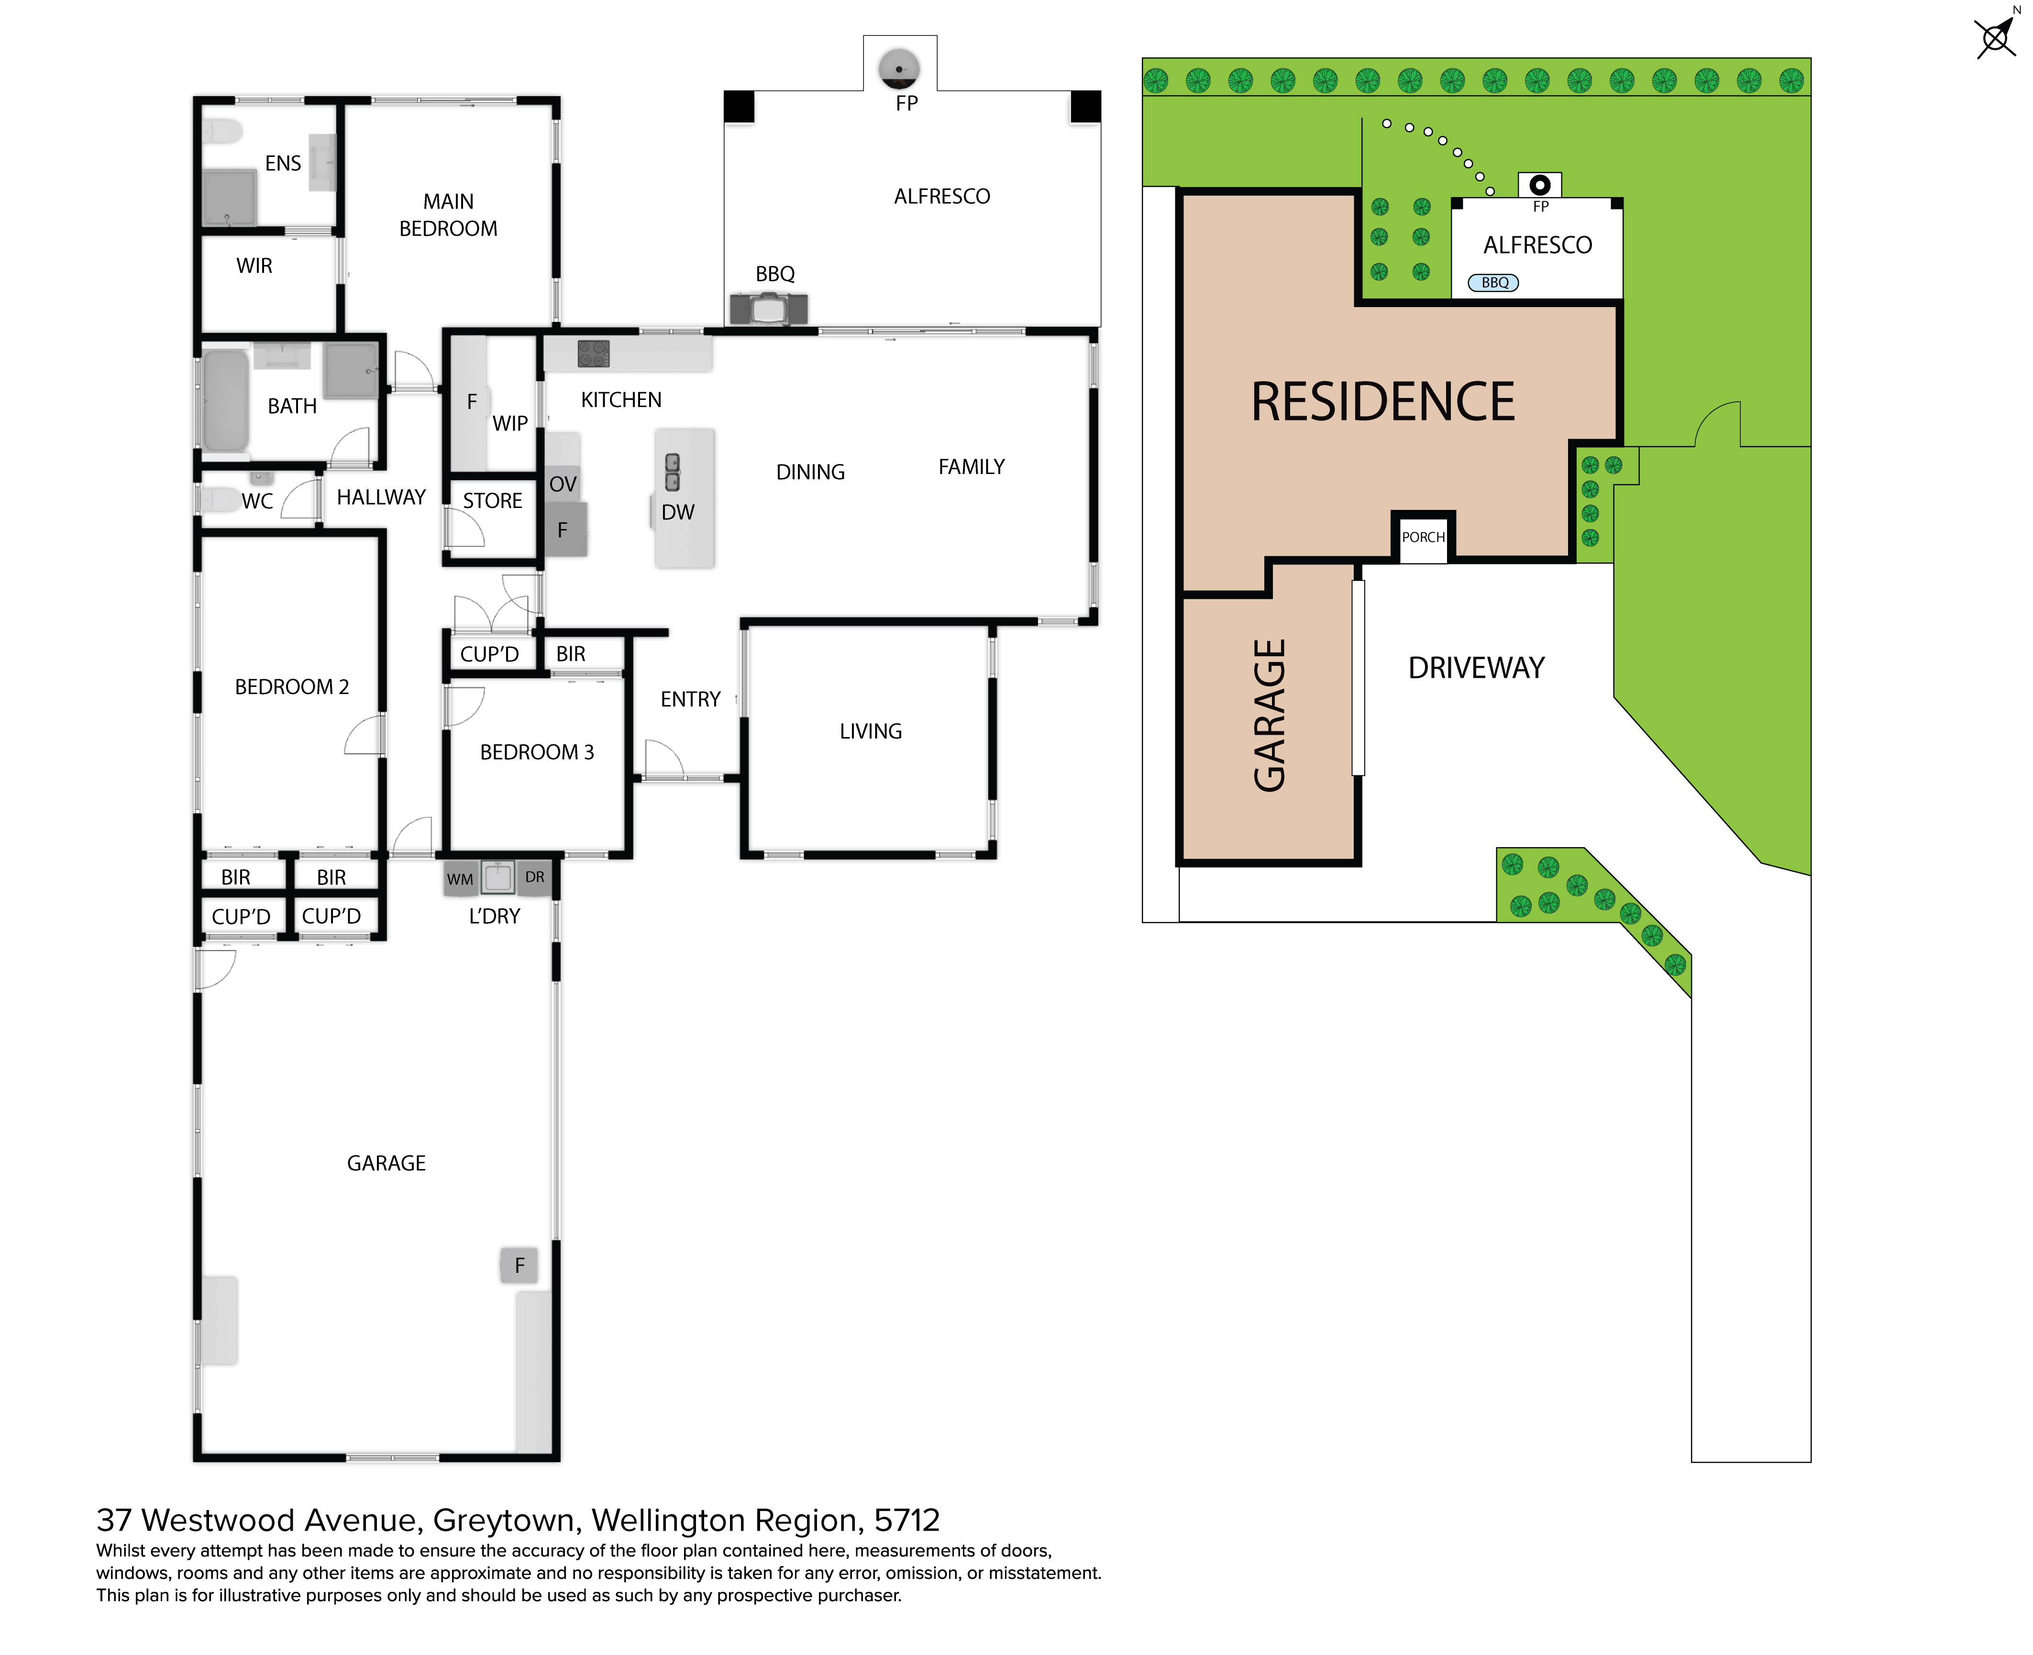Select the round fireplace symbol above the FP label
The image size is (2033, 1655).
coord(899,69)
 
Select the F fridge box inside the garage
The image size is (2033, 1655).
coord(519,1265)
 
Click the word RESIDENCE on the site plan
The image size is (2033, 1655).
coord(1382,401)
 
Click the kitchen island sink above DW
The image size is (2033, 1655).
coord(672,472)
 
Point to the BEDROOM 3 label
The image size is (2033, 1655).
coord(537,752)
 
